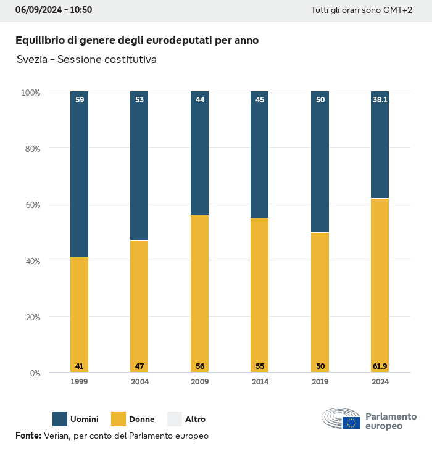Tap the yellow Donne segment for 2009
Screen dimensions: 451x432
click(199, 290)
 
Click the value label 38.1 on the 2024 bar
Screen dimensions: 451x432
click(380, 99)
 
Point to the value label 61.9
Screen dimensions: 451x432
click(380, 366)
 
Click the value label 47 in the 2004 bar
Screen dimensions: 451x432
click(139, 366)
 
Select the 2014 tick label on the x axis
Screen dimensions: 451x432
click(260, 382)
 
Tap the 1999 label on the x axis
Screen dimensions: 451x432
click(79, 382)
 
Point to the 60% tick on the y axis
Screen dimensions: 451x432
click(31, 205)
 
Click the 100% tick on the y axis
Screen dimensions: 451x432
click(30, 93)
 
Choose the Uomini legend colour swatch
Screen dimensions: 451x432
click(60, 419)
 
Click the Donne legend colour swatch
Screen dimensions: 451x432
click(118, 419)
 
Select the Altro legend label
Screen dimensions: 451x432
click(195, 420)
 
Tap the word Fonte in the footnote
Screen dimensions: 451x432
click(28, 436)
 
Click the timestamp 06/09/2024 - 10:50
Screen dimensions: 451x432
click(54, 10)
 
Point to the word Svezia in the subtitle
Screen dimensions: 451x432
click(31, 60)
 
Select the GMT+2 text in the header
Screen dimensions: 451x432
click(397, 10)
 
